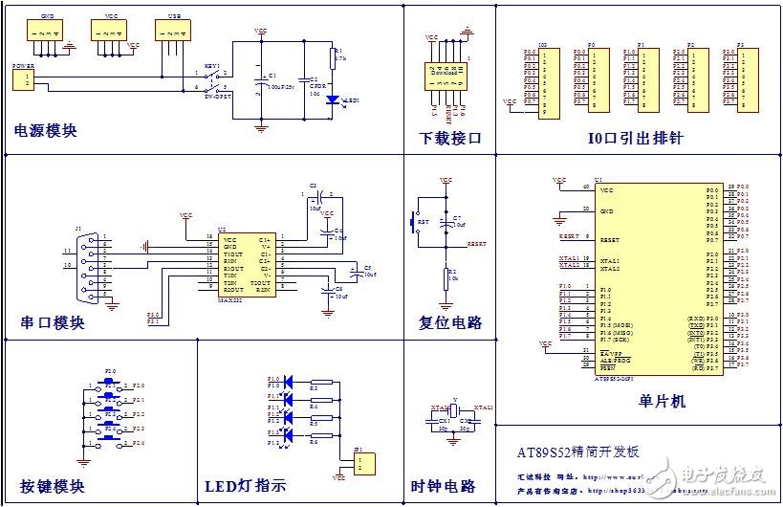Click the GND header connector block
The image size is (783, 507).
click(x=45, y=32)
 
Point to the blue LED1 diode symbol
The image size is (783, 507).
click(x=331, y=99)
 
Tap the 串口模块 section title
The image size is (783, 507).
click(x=53, y=322)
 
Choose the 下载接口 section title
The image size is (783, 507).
click(x=451, y=139)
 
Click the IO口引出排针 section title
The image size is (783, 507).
click(x=636, y=139)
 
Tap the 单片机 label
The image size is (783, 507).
click(x=662, y=401)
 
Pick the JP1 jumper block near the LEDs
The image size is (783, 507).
click(x=361, y=463)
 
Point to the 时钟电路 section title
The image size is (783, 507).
click(x=443, y=485)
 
